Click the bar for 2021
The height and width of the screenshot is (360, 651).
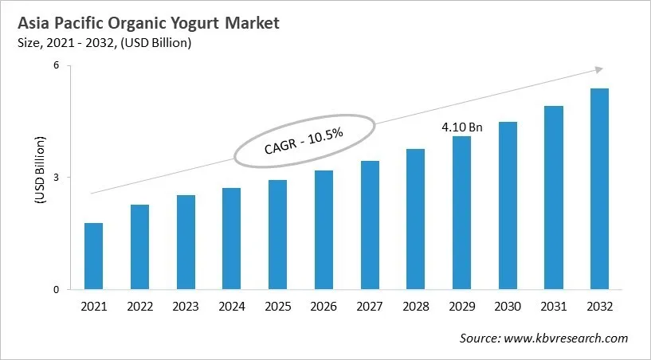pyautogui.click(x=93, y=256)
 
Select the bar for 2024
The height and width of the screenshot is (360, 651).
pyautogui.click(x=231, y=238)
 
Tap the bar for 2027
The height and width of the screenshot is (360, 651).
pyautogui.click(x=370, y=225)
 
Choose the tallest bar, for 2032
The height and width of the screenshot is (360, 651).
pyautogui.click(x=599, y=189)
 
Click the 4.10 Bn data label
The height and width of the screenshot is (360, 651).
pyautogui.click(x=462, y=127)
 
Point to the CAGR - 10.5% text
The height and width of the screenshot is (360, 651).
pyautogui.click(x=304, y=141)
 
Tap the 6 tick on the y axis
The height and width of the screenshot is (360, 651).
pyautogui.click(x=57, y=65)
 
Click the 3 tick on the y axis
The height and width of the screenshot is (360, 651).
pyautogui.click(x=57, y=178)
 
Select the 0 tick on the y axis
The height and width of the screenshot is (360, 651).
pyautogui.click(x=57, y=290)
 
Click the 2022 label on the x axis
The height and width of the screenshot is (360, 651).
pyautogui.click(x=139, y=307)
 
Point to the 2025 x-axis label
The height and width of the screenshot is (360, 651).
pyautogui.click(x=277, y=307)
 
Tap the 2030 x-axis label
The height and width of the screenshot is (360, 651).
pyautogui.click(x=508, y=307)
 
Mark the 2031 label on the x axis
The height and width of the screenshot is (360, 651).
pyautogui.click(x=554, y=307)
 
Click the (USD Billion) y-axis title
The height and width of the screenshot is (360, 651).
pyautogui.click(x=40, y=177)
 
